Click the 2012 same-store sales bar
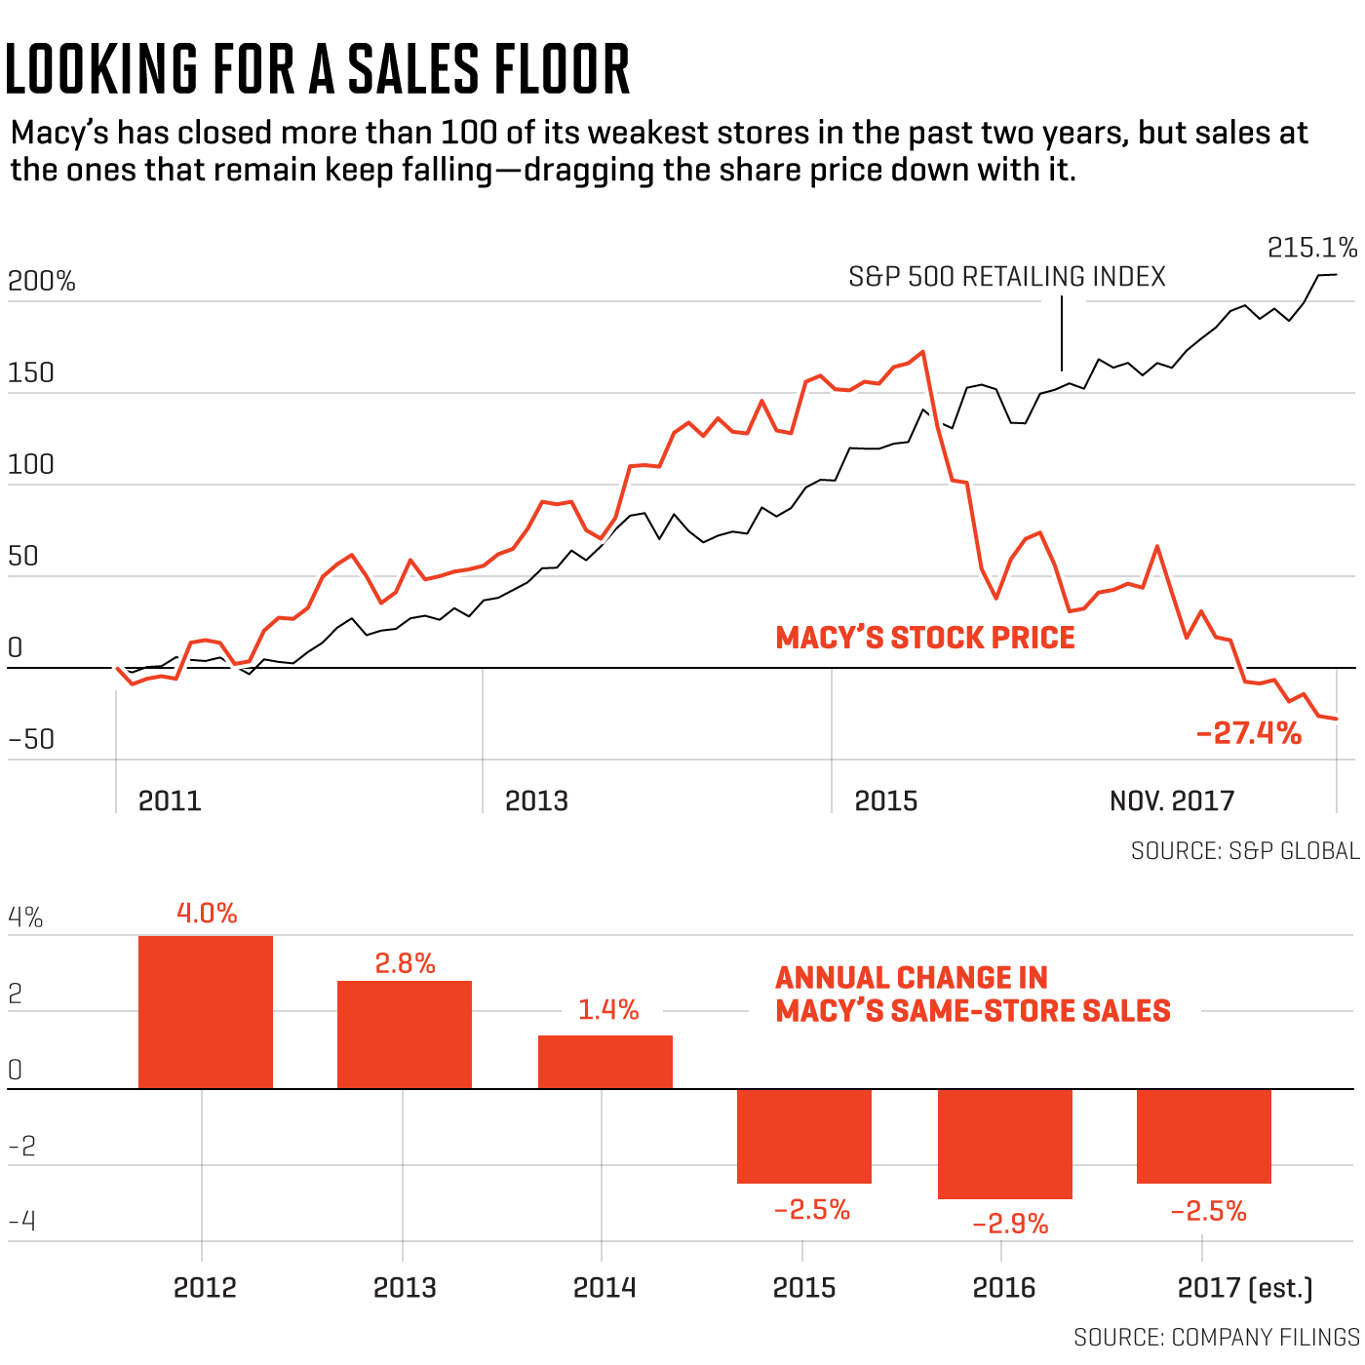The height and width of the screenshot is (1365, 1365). click(206, 1012)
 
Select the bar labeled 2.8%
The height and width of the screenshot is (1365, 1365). click(405, 1034)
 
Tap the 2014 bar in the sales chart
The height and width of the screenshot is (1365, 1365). click(605, 1062)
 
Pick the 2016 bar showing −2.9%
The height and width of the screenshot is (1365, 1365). click(1005, 1144)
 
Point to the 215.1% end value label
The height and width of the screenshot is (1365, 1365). click(1311, 249)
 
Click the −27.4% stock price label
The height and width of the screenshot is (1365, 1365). click(1249, 733)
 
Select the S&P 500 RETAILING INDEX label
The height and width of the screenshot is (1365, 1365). click(1007, 277)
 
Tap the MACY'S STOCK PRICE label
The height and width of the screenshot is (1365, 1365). click(925, 638)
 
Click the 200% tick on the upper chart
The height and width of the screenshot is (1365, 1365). click(42, 282)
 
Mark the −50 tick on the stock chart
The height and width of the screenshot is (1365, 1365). click(32, 739)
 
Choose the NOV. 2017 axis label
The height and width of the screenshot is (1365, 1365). click(1172, 801)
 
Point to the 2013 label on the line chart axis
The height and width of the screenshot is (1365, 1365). click(536, 801)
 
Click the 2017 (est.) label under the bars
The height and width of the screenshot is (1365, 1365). click(1245, 1288)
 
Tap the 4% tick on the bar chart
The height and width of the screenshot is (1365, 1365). click(25, 917)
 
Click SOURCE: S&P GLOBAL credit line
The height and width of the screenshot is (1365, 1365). click(1245, 851)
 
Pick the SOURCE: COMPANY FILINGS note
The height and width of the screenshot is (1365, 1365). click(1216, 1337)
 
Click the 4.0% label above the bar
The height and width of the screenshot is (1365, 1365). click(207, 914)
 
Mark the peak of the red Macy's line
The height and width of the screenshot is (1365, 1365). click(922, 352)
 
